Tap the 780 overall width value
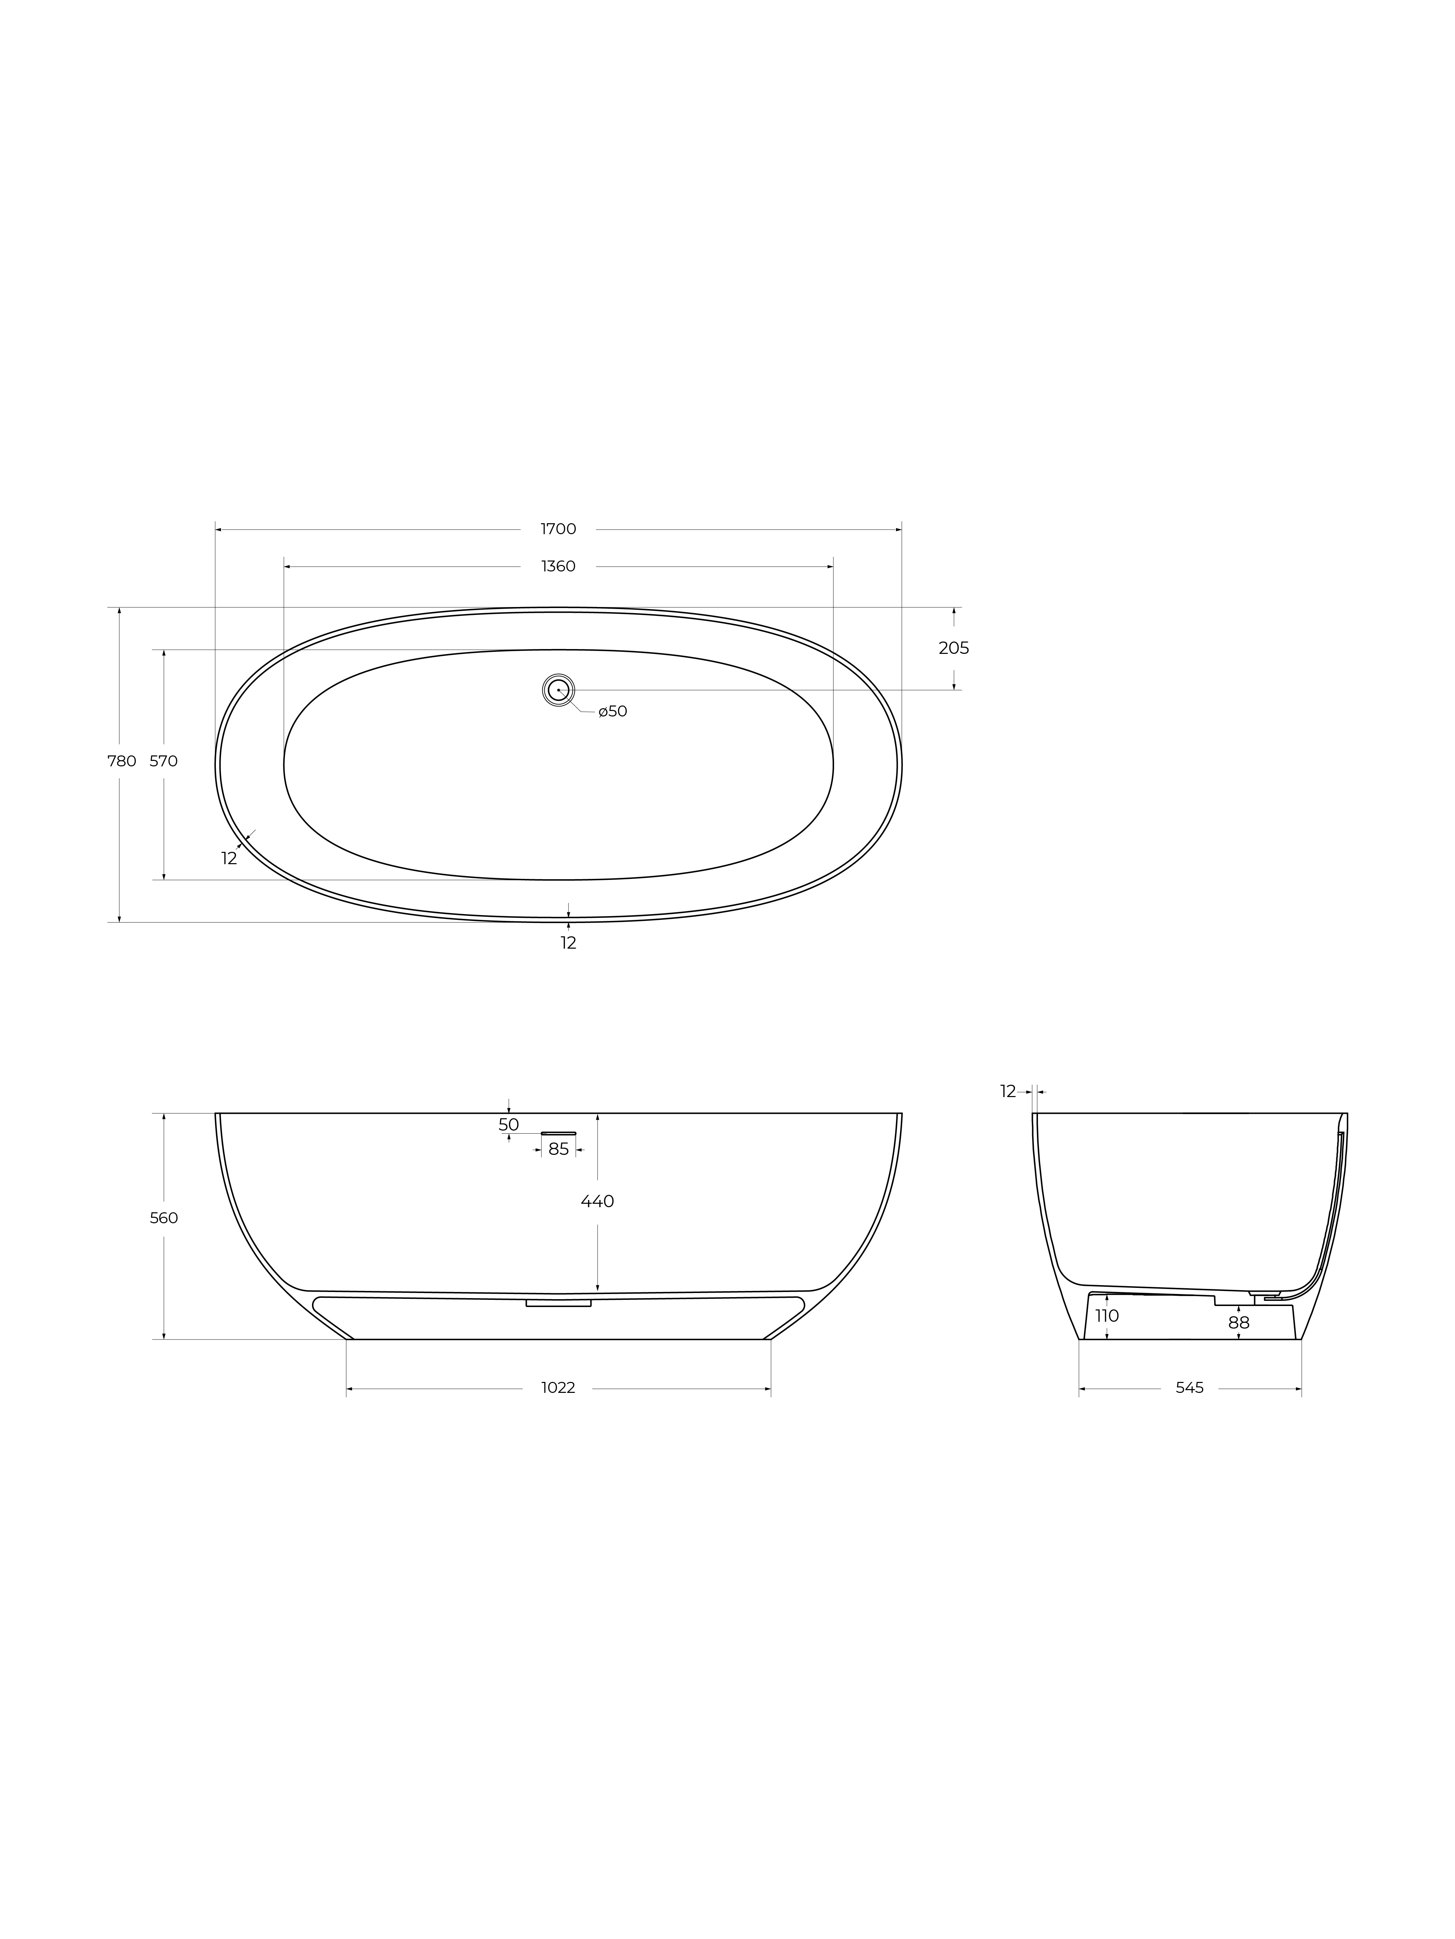click(x=122, y=761)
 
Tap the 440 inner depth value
click(x=597, y=1202)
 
